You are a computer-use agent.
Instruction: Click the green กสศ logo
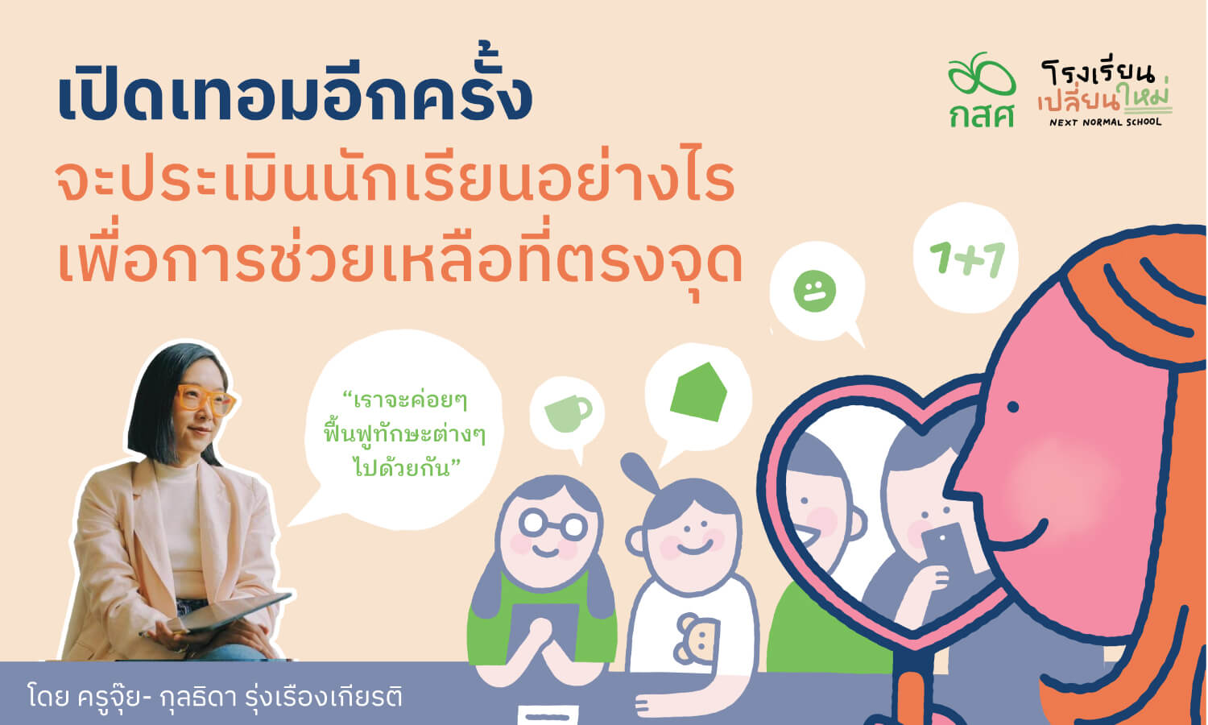coord(982,90)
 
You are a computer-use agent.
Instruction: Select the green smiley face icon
coord(814,291)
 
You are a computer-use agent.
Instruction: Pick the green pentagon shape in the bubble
coord(698,391)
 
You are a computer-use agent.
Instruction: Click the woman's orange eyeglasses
coord(206,399)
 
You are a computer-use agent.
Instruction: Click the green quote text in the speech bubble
coord(404,435)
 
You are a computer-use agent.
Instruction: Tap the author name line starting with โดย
coord(215,697)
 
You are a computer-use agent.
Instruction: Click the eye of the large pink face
coord(1013,407)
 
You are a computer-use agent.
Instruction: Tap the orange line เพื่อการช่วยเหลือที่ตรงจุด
coord(400,263)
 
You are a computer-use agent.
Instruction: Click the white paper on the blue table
coord(548,715)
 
